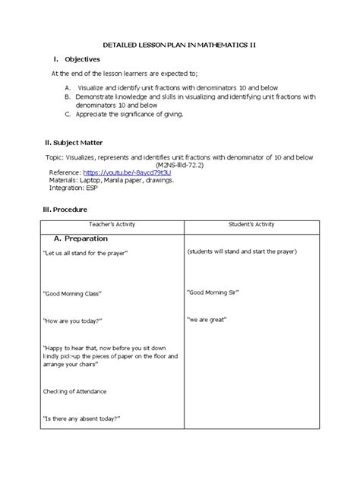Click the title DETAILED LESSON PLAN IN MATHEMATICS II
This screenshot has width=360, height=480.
click(x=179, y=46)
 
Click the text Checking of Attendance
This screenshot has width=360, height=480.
click(x=74, y=391)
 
